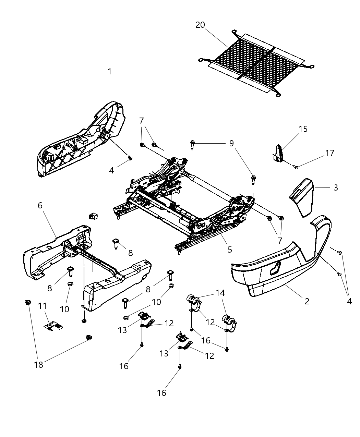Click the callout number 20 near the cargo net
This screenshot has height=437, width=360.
pos(200,25)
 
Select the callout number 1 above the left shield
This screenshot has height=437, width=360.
pos(109,72)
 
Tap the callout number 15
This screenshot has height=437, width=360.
pos(303,129)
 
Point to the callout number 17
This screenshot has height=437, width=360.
pos(330,153)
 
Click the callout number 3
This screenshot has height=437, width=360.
pos(336,187)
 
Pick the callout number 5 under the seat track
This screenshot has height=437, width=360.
pos(229,250)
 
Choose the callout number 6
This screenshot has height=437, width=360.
pos(40,205)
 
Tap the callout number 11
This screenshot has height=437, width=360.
pos(42,305)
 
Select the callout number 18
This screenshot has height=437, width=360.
pos(39,364)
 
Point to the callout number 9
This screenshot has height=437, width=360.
pos(231,143)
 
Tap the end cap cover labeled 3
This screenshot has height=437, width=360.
pos(303,197)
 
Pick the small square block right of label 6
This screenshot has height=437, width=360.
pos(93,216)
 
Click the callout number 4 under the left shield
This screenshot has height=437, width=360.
pos(111,170)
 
